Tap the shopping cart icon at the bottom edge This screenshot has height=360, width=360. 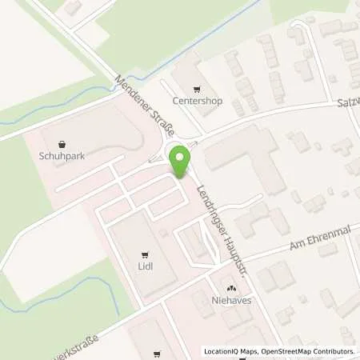coord(157,351)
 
